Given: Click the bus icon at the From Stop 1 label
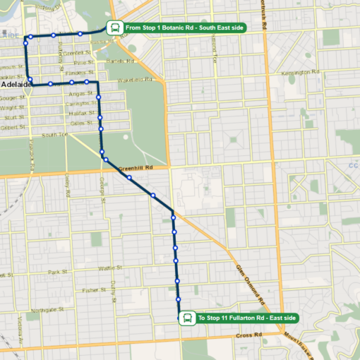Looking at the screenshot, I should [x=114, y=28].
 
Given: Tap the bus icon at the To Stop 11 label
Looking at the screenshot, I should [x=187, y=318].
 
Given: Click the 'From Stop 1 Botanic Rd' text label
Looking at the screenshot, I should [x=184, y=28].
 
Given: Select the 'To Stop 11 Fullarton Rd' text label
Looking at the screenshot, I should [x=246, y=318].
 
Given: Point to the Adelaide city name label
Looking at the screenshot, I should [x=14, y=85].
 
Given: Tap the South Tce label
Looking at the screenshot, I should [x=54, y=134].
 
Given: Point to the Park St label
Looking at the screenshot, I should [x=56, y=272].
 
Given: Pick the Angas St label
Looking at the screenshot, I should [x=77, y=93].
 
